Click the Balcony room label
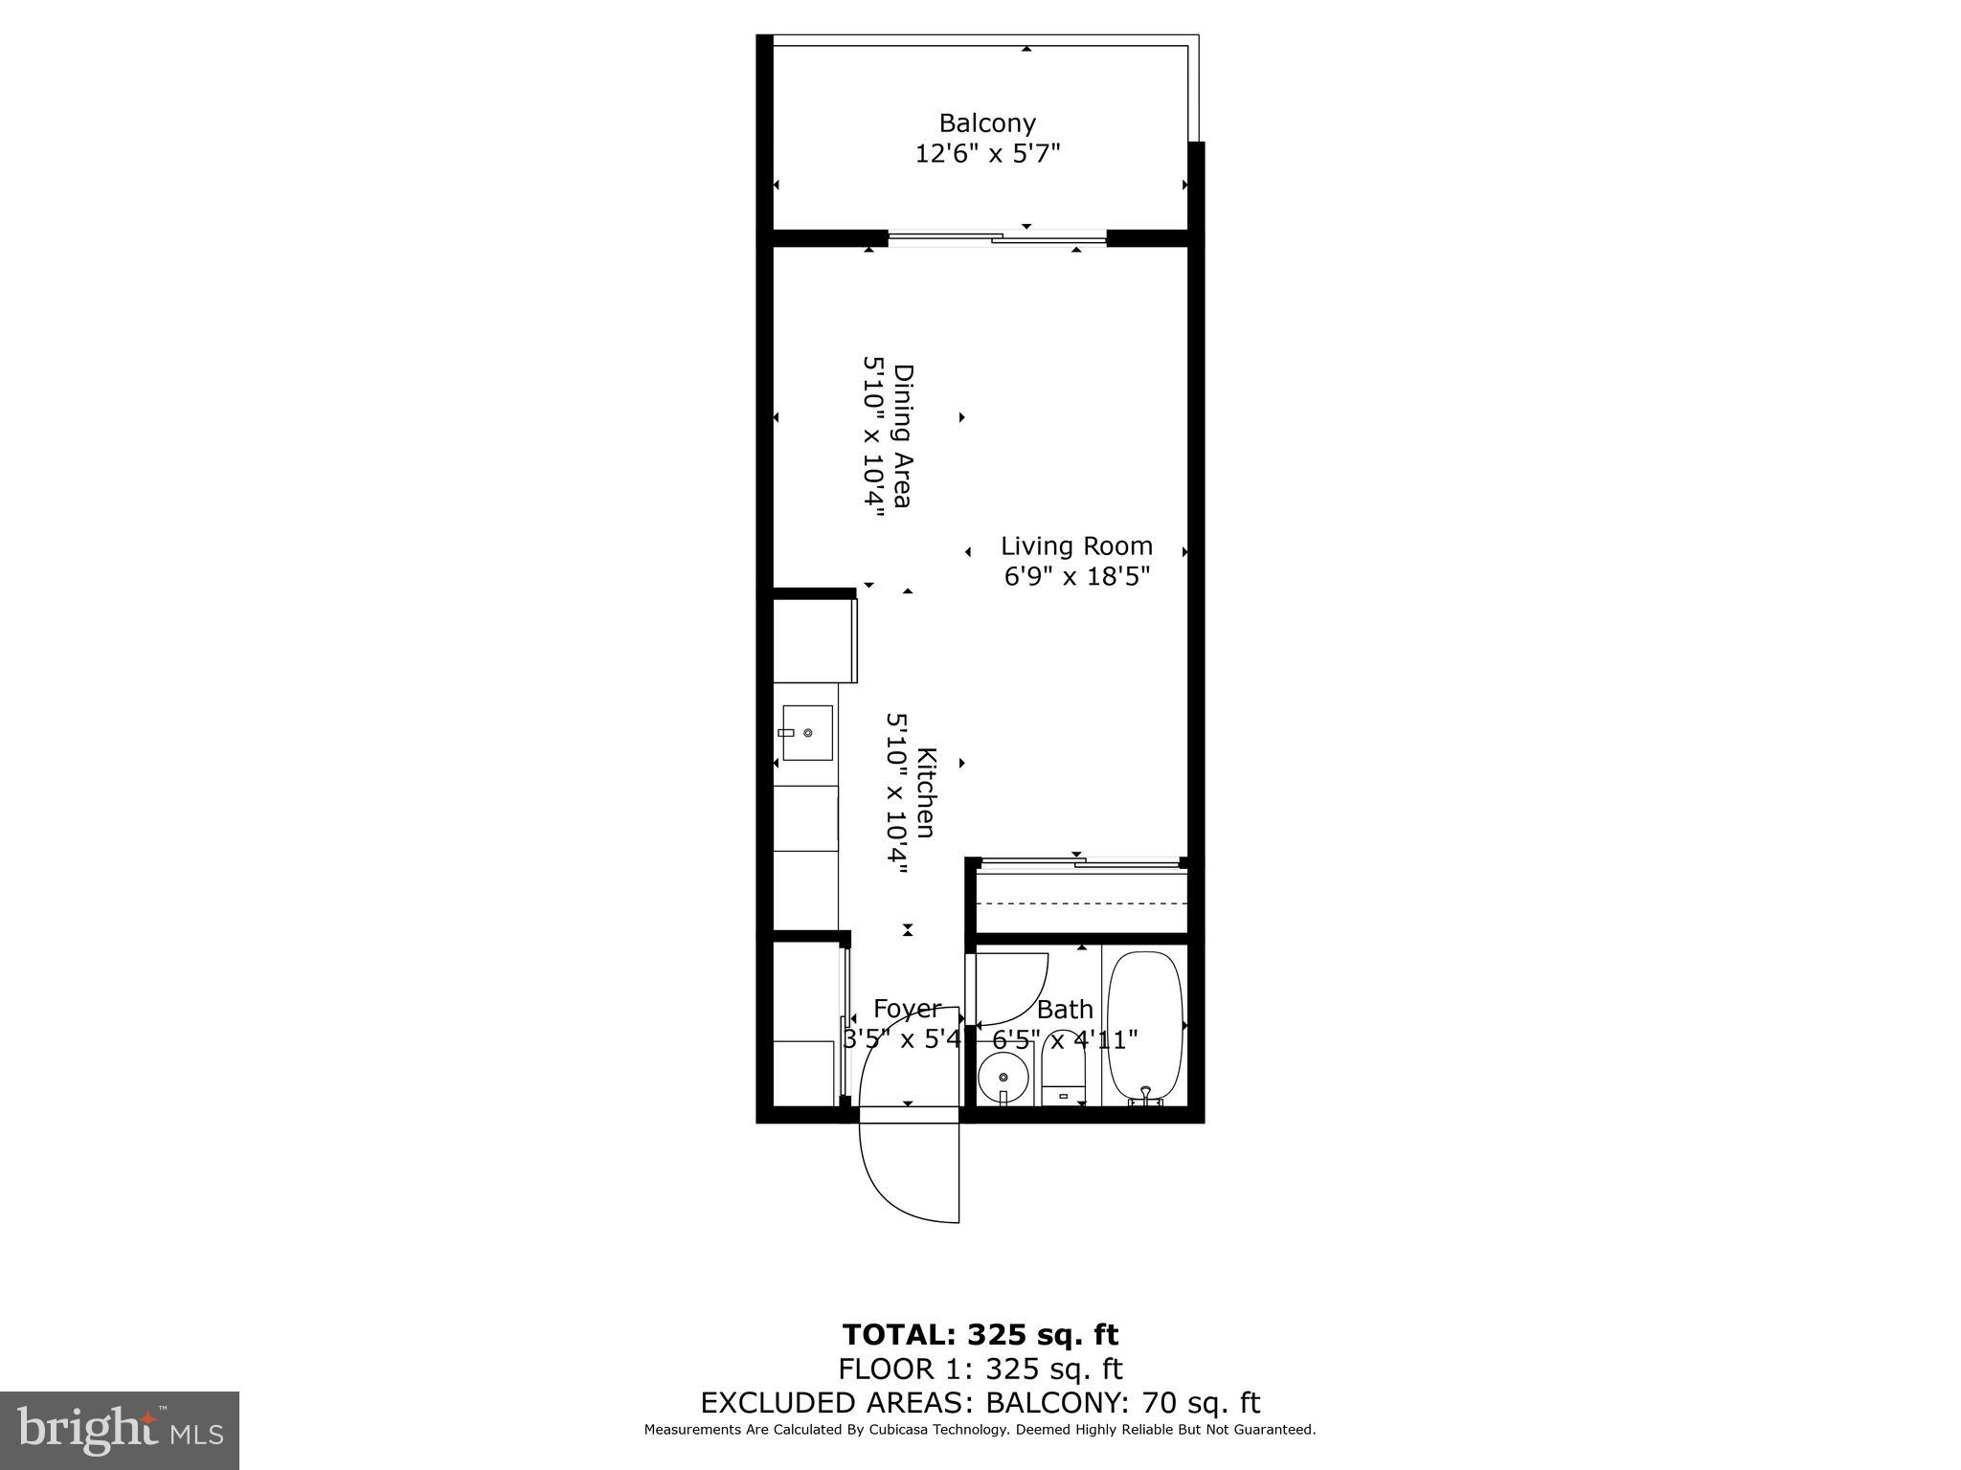click(986, 123)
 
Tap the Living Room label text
click(1076, 546)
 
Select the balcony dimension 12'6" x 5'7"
click(987, 153)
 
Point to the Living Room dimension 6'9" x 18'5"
click(1076, 576)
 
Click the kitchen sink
click(806, 733)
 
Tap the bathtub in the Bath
click(1144, 1023)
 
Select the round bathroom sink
click(1003, 1078)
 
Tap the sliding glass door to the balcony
click(997, 237)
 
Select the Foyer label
click(907, 1009)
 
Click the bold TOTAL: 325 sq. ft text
click(980, 1334)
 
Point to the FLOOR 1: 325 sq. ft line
click(980, 1369)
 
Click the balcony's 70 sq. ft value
click(1201, 1403)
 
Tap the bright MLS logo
click(120, 1430)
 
